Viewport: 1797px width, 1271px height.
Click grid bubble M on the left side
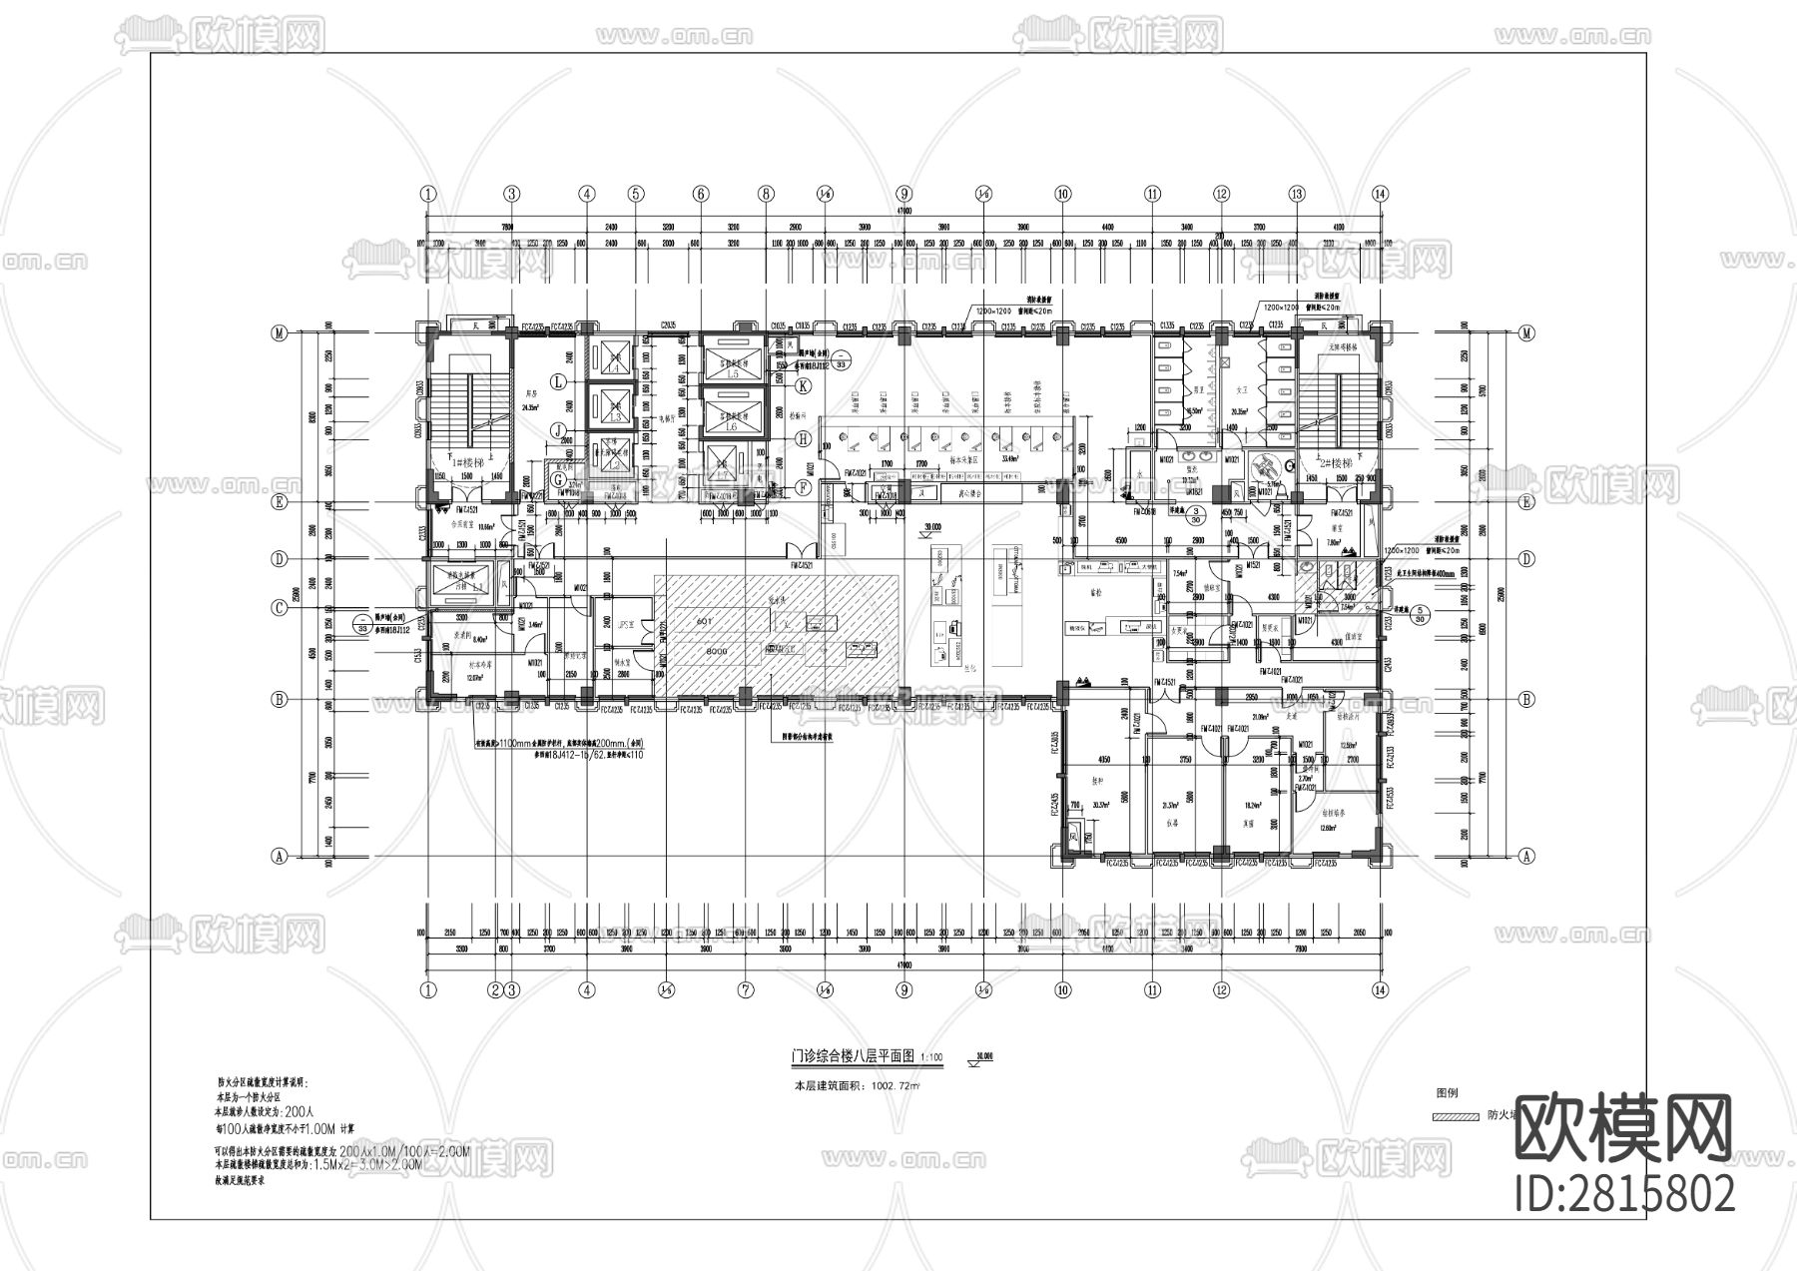point(279,333)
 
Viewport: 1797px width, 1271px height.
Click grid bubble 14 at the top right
point(1380,194)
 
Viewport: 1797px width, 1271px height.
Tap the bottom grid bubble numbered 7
point(744,990)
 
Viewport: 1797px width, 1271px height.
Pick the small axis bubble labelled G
point(558,479)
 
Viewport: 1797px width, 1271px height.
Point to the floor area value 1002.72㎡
point(896,1085)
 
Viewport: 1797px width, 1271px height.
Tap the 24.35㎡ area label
point(529,407)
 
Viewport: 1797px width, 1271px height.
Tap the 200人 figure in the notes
point(299,1110)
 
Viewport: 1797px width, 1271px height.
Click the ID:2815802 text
point(1624,1194)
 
